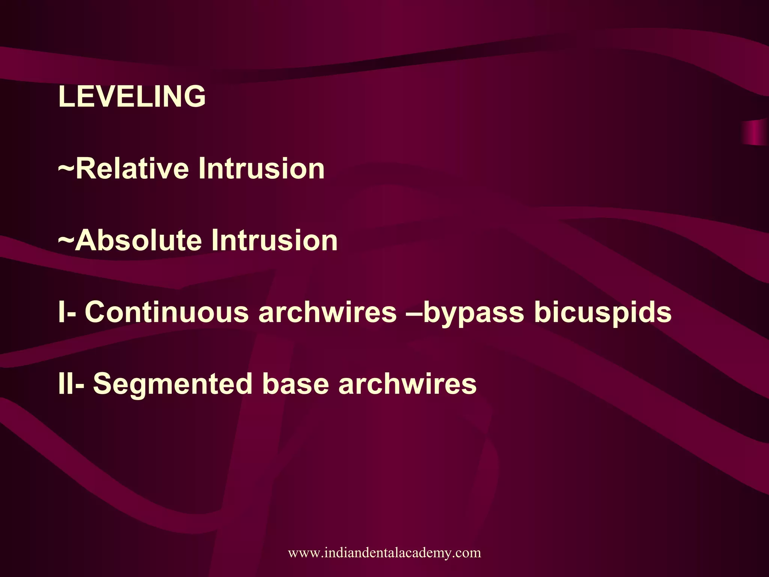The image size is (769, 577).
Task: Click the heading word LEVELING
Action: point(132,96)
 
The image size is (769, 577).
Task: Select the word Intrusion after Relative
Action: point(261,168)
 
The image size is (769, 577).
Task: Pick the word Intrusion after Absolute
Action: point(274,240)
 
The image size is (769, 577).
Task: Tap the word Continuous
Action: point(167,312)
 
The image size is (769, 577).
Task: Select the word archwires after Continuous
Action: point(327,312)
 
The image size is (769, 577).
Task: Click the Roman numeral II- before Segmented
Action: point(71,384)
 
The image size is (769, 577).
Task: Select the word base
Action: point(295,384)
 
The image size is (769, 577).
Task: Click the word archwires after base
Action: point(407,384)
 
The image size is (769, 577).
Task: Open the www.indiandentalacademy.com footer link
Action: point(384,553)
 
